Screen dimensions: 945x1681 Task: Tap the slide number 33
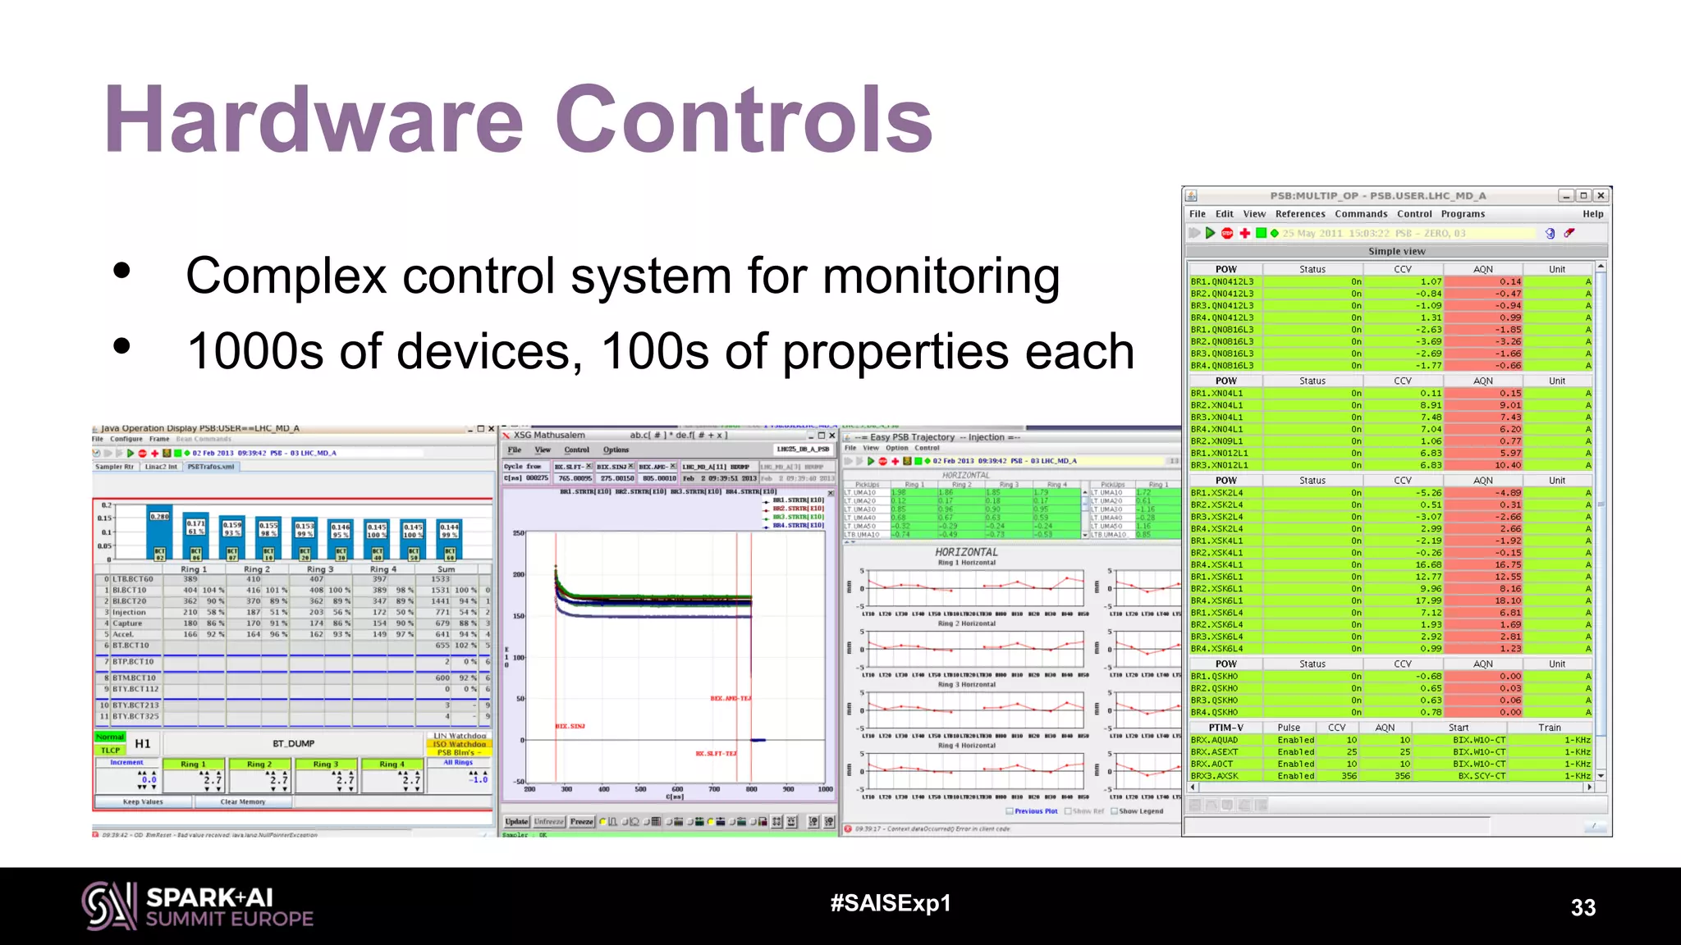[x=1583, y=907]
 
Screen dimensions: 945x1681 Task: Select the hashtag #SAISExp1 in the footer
[x=891, y=903]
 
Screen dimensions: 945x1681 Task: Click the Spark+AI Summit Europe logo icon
[x=108, y=906]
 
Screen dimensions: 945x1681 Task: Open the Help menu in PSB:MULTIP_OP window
[x=1592, y=214]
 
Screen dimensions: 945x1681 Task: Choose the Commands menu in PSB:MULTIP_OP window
[x=1361, y=214]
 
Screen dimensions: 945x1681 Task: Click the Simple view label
[x=1396, y=252]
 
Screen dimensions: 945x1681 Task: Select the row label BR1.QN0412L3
[x=1222, y=281]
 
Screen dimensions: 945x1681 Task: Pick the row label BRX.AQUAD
[x=1215, y=740]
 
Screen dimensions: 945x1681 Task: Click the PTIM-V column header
[x=1226, y=728]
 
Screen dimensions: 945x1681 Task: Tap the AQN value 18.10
[x=1508, y=600]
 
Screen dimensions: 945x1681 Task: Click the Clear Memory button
[x=243, y=801]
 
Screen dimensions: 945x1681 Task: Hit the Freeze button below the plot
[x=581, y=821]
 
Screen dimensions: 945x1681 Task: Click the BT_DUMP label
[x=294, y=744]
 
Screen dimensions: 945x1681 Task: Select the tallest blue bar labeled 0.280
[x=159, y=533]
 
